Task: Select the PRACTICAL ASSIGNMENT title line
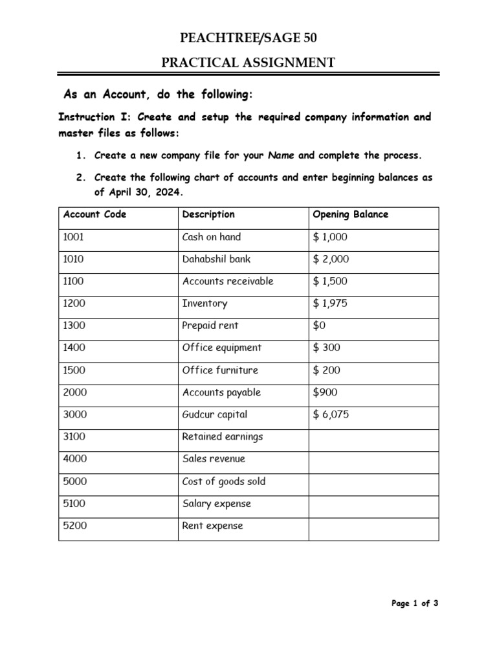[x=248, y=63]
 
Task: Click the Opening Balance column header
[x=350, y=214]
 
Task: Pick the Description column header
[x=208, y=214]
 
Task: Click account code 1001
[x=74, y=237]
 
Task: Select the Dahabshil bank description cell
[x=216, y=259]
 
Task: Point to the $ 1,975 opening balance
[x=330, y=304]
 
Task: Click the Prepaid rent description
[x=210, y=326]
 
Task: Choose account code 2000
[x=74, y=392]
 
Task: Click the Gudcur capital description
[x=215, y=414]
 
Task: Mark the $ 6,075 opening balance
[x=331, y=414]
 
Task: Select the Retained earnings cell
[x=223, y=437]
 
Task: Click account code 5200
[x=74, y=526]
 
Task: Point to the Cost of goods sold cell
[x=224, y=482]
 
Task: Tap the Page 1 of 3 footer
[x=415, y=603]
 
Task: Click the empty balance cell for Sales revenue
[x=373, y=459]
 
